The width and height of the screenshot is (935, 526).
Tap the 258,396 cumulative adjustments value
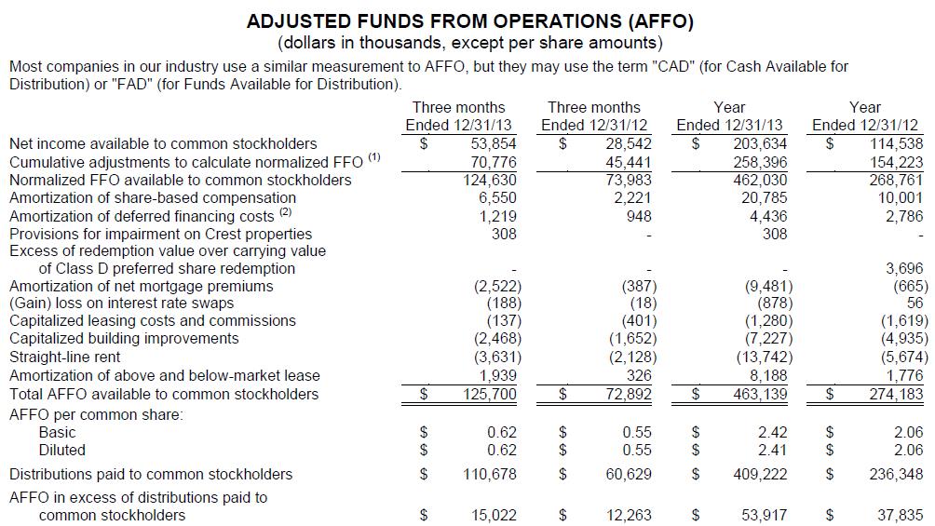(x=761, y=162)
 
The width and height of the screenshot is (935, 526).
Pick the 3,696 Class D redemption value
(x=901, y=269)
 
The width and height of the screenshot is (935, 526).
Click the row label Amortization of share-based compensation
(x=153, y=197)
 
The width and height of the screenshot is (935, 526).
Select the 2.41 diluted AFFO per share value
(x=772, y=450)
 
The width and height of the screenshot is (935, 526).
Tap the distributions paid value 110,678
(x=490, y=475)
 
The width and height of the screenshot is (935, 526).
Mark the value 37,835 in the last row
(x=900, y=515)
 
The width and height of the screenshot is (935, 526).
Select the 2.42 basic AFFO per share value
(x=772, y=432)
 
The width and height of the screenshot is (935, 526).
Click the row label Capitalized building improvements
(x=124, y=338)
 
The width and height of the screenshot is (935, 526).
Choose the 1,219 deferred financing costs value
(x=497, y=216)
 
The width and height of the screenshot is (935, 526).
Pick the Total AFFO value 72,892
(x=626, y=395)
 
